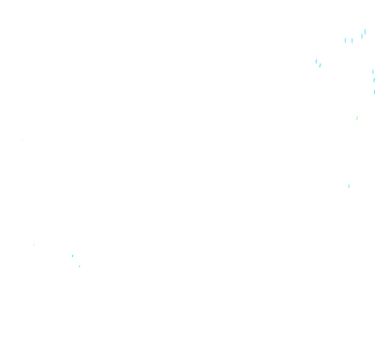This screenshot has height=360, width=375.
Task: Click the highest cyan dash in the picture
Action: pyautogui.click(x=365, y=32)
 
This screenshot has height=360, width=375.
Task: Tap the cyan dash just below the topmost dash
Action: pyautogui.click(x=362, y=36)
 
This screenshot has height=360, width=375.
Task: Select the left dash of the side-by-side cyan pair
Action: pyautogui.click(x=345, y=40)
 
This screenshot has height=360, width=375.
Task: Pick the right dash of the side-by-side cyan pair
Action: pyautogui.click(x=352, y=41)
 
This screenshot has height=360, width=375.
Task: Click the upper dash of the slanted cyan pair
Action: pyautogui.click(x=316, y=61)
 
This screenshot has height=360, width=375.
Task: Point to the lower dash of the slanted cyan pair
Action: pyautogui.click(x=320, y=66)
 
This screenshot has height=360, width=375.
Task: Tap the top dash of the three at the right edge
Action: pyautogui.click(x=373, y=72)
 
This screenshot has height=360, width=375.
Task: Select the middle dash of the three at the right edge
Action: pyautogui.click(x=374, y=80)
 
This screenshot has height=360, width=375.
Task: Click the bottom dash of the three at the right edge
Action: pyautogui.click(x=374, y=92)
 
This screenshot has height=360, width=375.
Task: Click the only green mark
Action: pyautogui.click(x=357, y=118)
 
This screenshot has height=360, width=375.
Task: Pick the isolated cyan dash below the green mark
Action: pyautogui.click(x=349, y=186)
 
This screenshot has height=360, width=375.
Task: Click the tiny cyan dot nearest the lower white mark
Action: pyautogui.click(x=72, y=256)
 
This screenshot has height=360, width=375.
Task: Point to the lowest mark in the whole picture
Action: pyautogui.click(x=79, y=266)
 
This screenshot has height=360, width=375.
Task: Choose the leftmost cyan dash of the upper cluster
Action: pyautogui.click(x=316, y=61)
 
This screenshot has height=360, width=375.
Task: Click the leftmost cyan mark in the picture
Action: pyautogui.click(x=72, y=256)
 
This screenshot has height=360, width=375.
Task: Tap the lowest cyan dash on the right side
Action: pyautogui.click(x=349, y=186)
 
